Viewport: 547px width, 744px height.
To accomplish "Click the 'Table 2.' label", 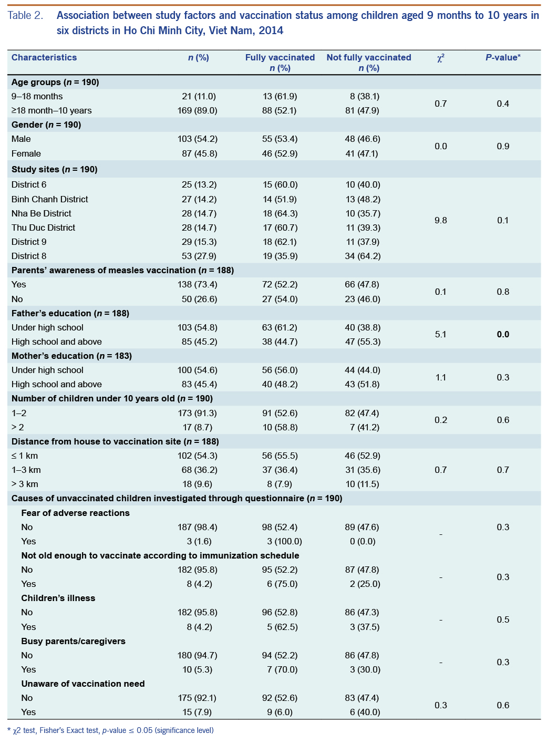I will click(x=25, y=15).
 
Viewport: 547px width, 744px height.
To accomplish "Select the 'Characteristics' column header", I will click(x=44, y=58).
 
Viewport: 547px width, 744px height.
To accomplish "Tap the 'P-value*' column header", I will click(x=503, y=58).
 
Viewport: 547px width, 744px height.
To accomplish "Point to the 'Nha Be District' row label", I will click(x=42, y=213).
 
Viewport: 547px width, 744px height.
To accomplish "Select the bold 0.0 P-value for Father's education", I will click(x=503, y=334).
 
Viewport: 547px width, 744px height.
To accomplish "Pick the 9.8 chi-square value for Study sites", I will click(x=441, y=220).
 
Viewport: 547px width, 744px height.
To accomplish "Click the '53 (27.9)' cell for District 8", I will click(x=198, y=256).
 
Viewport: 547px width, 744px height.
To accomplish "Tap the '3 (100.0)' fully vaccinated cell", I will click(x=284, y=541).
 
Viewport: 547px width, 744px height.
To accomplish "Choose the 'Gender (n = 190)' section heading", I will click(x=46, y=125).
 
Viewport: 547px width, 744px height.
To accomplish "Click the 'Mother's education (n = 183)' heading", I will click(x=71, y=356).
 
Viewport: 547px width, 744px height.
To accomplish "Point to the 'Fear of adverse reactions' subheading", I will click(x=75, y=513).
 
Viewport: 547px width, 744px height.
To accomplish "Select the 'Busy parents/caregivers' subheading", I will click(x=73, y=641).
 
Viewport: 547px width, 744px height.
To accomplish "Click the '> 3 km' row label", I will click(x=25, y=484).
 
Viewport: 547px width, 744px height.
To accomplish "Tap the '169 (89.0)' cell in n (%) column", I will click(x=198, y=110).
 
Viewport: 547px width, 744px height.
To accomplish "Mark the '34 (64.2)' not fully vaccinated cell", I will click(x=363, y=256).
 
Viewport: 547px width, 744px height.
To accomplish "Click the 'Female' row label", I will click(x=26, y=153).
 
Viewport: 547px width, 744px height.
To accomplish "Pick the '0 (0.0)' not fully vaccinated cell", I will click(x=363, y=541).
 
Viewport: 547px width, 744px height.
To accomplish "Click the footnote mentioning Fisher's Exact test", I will click(x=110, y=730).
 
